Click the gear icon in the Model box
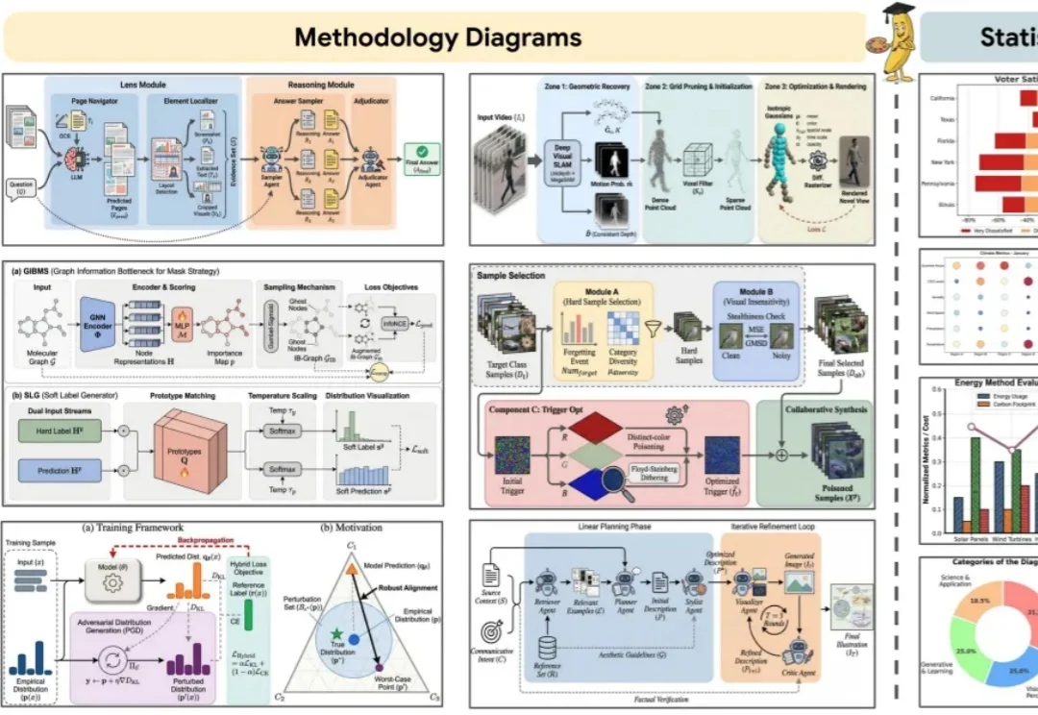point(112,584)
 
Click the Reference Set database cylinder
point(549,646)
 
